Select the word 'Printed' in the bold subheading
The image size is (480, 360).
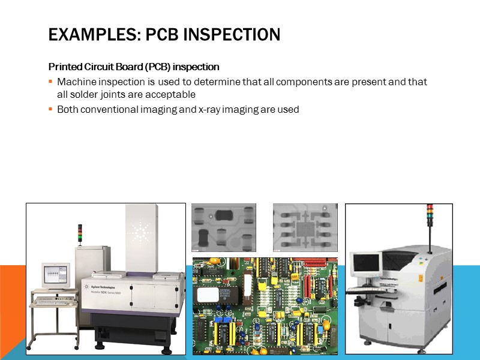point(64,67)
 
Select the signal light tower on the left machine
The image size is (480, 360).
point(80,234)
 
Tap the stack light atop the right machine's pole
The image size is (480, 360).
point(429,215)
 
